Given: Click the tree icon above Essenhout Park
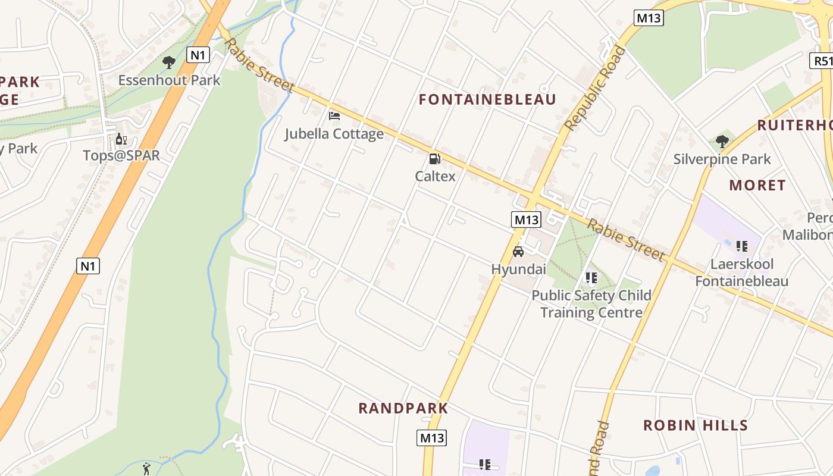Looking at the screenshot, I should pos(169,61).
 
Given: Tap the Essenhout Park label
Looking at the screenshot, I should pos(169,80).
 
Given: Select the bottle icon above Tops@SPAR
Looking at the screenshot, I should pos(121,139).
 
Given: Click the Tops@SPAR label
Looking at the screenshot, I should pos(121,156).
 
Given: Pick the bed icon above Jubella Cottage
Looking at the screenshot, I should pos(334,115).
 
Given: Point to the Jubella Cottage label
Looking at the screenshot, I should pos(334,134).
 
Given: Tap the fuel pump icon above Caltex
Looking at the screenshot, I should pos(435,159).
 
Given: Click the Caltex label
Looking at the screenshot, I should pos(435,176).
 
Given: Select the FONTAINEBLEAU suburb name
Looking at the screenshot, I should pos(487,99).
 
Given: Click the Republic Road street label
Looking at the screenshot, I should pos(595,88).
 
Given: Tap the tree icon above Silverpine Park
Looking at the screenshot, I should pos(722,142).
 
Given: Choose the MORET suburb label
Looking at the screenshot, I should pos(757,185).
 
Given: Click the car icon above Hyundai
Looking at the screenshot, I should pos(518,252).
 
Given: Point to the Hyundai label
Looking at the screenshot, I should pos(518,269).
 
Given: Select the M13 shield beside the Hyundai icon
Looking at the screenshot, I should pos(526,220).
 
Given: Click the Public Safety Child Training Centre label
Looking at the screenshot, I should pos(591,303).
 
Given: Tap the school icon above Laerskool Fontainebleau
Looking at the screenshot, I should pos(741,246).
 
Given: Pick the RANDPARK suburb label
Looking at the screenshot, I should pos(403,408).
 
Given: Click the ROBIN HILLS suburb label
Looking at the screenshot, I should pos(696,425).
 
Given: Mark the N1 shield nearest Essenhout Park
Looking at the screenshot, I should pos(198,55).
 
